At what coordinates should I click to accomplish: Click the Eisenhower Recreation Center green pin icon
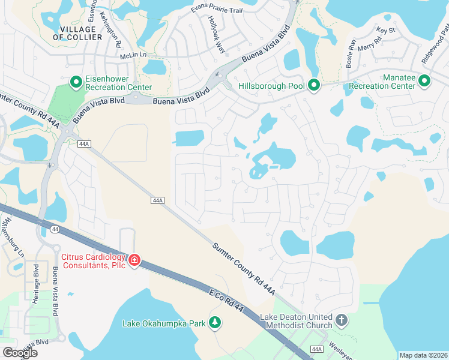pos(76,82)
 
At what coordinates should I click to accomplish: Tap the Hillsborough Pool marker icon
pos(313,86)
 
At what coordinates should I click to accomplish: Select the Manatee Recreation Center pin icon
pos(424,80)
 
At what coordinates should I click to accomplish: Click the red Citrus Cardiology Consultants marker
pos(134,260)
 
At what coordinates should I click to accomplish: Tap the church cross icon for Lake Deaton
pos(342,320)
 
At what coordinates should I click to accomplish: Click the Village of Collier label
pos(77,33)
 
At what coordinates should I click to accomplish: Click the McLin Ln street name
pos(133,55)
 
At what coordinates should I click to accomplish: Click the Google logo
pos(19,353)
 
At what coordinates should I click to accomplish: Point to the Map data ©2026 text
pos(423,355)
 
